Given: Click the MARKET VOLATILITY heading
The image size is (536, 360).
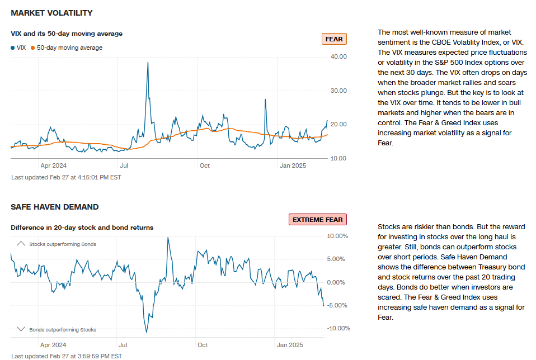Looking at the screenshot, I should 51,13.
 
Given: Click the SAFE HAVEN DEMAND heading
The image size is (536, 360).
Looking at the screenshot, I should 54,207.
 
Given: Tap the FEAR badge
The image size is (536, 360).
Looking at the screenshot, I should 334,39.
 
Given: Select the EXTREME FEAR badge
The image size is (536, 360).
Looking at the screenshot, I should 317,220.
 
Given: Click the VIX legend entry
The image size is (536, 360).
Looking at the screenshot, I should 18,48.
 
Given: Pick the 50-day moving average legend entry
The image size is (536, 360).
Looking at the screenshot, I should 67,48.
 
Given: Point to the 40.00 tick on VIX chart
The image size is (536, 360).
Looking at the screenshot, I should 338,56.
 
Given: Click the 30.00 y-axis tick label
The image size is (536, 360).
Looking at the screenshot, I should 338,91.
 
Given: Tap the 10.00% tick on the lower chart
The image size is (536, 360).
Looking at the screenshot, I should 337,236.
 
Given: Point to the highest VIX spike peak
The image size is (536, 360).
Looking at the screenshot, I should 148,62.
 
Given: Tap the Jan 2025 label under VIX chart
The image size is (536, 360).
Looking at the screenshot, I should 293,165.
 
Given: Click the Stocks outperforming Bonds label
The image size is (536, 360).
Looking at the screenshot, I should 63,244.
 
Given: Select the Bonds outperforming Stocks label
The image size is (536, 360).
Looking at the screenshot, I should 63,330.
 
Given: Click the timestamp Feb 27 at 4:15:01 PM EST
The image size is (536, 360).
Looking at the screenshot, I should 66,177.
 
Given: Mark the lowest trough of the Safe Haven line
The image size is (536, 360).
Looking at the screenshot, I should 147,332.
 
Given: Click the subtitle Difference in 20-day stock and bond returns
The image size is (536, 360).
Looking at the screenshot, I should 82,228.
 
